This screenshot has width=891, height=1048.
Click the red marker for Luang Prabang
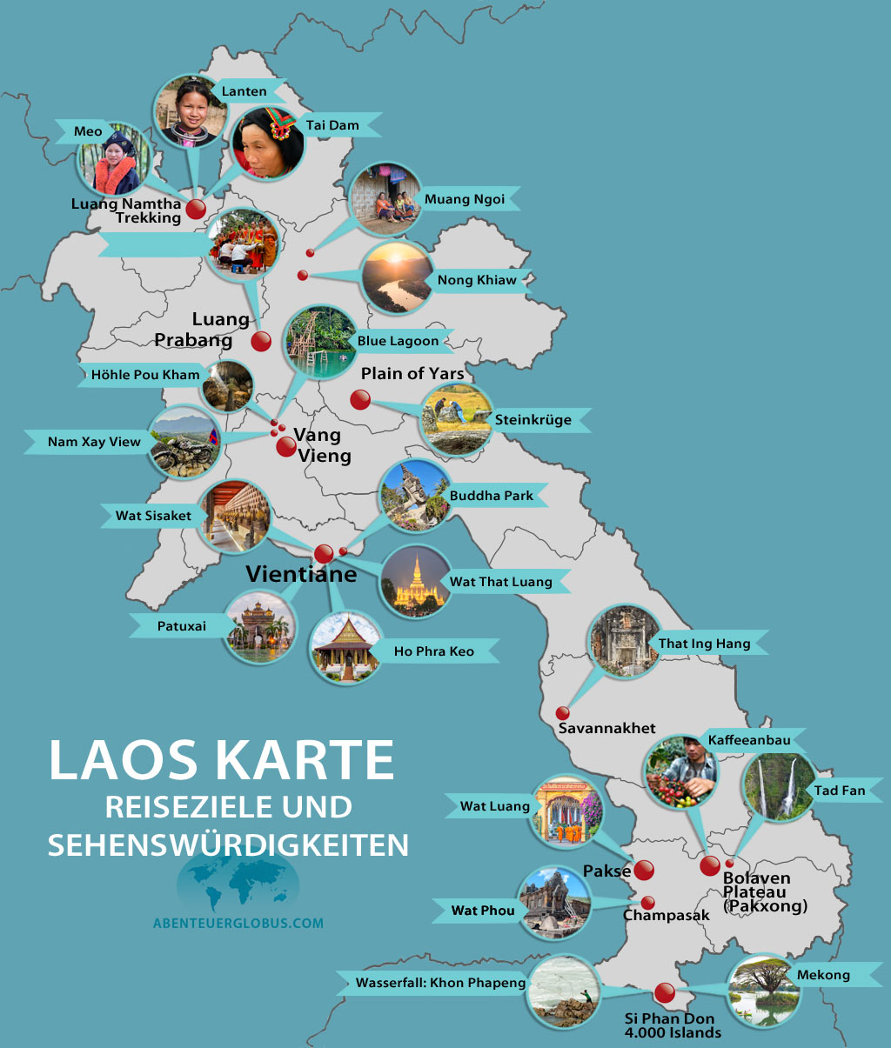(261, 341)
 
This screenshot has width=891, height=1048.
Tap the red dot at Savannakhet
(563, 714)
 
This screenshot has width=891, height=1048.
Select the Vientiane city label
(301, 574)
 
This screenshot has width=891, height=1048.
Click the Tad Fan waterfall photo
(779, 787)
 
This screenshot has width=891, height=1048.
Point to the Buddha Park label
(492, 496)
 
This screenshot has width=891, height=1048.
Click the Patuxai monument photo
(260, 626)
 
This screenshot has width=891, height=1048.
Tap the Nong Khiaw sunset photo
(397, 277)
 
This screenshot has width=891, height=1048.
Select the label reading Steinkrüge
(533, 420)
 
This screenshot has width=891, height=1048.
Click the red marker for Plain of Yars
(360, 400)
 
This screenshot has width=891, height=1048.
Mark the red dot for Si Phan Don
(664, 991)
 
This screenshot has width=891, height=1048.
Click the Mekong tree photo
(762, 990)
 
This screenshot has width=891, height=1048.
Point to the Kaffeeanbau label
(749, 740)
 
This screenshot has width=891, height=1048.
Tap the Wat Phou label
(483, 911)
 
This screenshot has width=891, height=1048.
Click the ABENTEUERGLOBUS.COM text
(238, 923)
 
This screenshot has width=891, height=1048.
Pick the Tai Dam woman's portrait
(268, 143)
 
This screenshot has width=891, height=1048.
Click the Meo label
(88, 131)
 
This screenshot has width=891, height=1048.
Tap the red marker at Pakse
(644, 870)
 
